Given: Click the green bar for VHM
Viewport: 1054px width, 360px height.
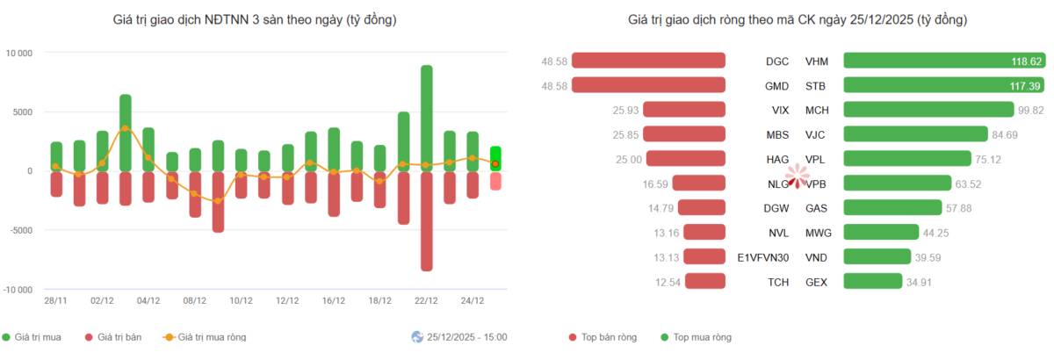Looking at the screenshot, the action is (x=944, y=61).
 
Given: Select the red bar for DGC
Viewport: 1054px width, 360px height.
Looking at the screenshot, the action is (x=648, y=61).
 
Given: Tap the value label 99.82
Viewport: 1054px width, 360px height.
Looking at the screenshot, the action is (x=1031, y=110).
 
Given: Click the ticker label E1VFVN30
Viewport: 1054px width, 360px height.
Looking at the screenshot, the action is (x=762, y=257).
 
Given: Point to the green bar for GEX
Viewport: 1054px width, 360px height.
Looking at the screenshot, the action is (x=873, y=281).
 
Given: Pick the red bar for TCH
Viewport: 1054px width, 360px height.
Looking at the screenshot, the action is (x=705, y=281).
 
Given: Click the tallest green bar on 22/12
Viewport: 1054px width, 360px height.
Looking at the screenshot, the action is (x=426, y=119).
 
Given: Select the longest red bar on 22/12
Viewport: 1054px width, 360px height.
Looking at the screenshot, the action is (x=426, y=221).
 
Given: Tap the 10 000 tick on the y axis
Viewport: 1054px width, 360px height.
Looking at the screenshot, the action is (x=18, y=54).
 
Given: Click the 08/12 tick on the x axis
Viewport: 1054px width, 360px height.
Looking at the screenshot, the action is (x=194, y=300).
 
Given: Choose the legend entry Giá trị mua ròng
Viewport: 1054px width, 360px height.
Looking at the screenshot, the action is (x=205, y=337).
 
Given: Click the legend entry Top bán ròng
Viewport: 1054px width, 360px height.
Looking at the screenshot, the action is (x=603, y=337).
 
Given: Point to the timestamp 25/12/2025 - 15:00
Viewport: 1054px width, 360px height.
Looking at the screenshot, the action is (x=466, y=337).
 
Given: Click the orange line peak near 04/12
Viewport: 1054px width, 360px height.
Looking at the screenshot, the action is (x=125, y=128).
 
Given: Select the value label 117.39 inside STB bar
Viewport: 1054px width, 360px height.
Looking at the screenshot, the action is (x=1024, y=86).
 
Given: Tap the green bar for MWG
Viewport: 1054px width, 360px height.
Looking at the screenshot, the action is (x=881, y=232).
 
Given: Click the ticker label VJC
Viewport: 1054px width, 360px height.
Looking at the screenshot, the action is (x=815, y=135).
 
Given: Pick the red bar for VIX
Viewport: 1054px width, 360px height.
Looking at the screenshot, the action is (x=684, y=110).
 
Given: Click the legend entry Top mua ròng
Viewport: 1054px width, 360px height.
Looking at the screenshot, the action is (x=696, y=337).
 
